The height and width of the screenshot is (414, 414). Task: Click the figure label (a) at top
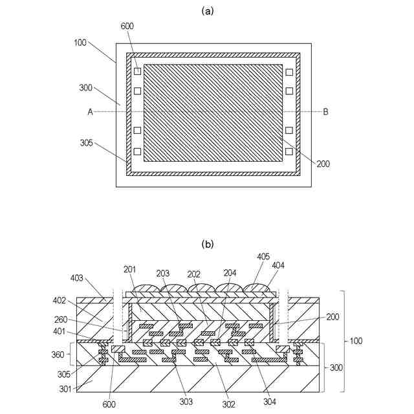pyautogui.click(x=207, y=10)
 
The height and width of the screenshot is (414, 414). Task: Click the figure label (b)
pyautogui.click(x=207, y=244)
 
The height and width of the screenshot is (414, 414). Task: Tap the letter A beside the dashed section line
pyautogui.click(x=91, y=112)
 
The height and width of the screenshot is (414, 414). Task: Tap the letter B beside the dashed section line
pyautogui.click(x=325, y=112)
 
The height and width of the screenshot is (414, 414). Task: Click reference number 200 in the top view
pyautogui.click(x=323, y=164)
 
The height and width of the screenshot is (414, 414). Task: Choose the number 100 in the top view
pyautogui.click(x=80, y=42)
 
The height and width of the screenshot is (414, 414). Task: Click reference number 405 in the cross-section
pyautogui.click(x=263, y=257)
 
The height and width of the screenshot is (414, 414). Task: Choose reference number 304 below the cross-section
pyautogui.click(x=270, y=402)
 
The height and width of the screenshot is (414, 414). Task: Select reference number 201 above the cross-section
pyautogui.click(x=130, y=270)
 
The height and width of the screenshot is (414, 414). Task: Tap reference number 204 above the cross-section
pyautogui.click(x=230, y=273)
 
